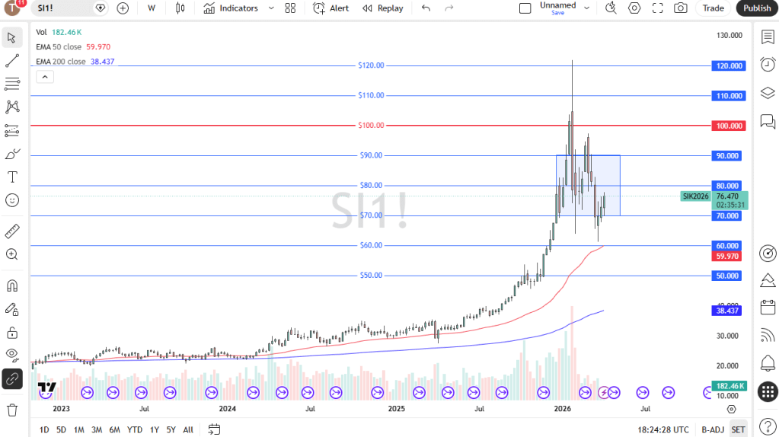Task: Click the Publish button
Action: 757,8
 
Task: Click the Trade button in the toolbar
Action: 714,8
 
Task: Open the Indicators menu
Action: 231,8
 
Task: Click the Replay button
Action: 383,8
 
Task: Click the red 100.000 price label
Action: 728,125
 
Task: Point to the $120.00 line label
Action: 371,65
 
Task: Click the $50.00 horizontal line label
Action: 371,276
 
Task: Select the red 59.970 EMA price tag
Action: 728,257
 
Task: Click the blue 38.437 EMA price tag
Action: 728,311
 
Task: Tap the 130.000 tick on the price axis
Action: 728,36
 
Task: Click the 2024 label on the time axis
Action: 227,409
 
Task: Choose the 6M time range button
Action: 114,429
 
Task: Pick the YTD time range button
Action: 135,429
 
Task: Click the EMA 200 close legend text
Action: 61,62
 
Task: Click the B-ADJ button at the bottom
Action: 713,429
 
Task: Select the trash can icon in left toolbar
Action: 12,410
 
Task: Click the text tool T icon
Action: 12,177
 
